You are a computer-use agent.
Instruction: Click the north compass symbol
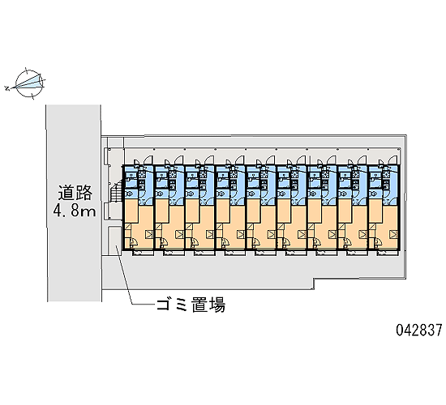(29, 83)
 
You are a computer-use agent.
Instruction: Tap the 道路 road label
(75, 193)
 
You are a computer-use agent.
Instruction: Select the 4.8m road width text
(75, 211)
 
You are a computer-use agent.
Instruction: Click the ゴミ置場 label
(191, 305)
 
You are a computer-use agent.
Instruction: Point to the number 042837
(419, 330)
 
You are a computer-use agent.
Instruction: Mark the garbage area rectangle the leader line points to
(114, 240)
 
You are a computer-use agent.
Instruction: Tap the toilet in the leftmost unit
(129, 194)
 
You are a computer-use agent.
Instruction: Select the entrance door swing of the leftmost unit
(148, 160)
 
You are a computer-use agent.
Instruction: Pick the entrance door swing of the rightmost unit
(393, 160)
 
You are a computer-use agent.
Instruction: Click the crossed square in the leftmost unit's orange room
(149, 234)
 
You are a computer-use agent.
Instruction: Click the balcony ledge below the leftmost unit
(143, 254)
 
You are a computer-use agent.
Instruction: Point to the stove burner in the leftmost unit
(142, 174)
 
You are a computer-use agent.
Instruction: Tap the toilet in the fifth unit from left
(251, 194)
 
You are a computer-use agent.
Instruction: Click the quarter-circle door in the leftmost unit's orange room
(133, 242)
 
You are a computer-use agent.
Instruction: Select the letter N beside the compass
(6, 88)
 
